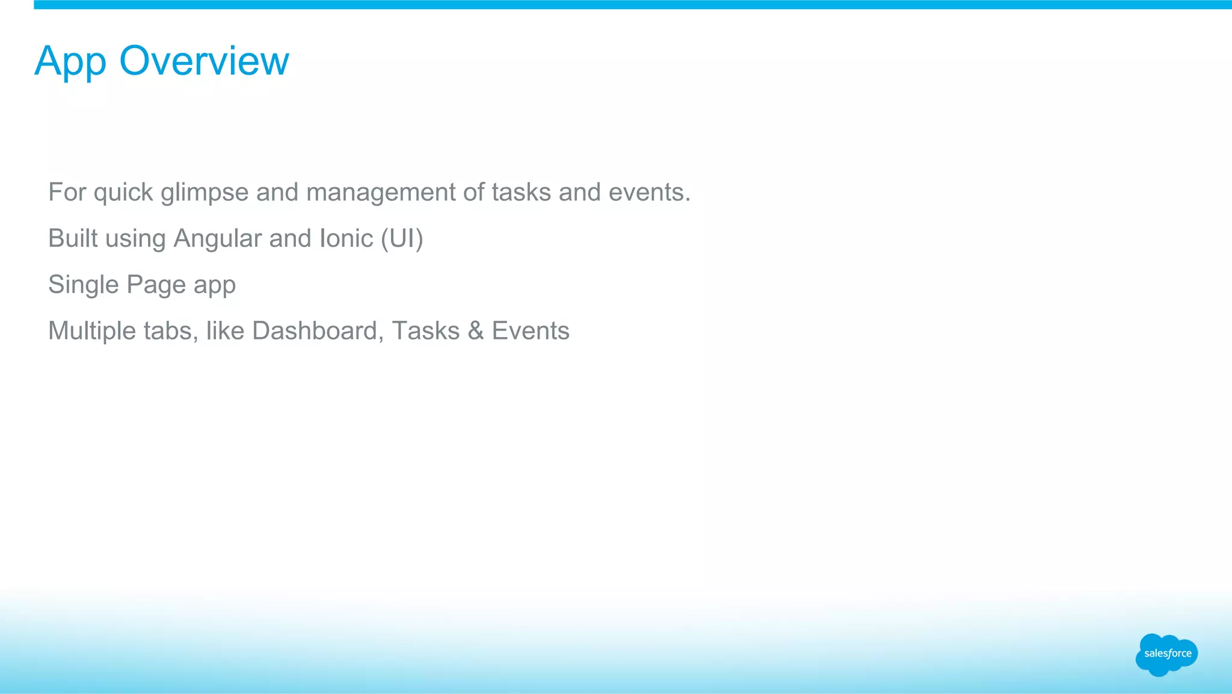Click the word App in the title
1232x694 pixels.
70,61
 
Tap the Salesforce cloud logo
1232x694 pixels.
1166,654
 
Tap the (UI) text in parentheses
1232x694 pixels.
402,238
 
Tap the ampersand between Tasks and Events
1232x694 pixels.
475,330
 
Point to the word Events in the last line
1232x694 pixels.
531,330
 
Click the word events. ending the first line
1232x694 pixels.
650,193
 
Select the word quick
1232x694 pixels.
123,193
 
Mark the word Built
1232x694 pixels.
73,238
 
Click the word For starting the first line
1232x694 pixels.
67,193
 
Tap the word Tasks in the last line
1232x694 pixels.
426,330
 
